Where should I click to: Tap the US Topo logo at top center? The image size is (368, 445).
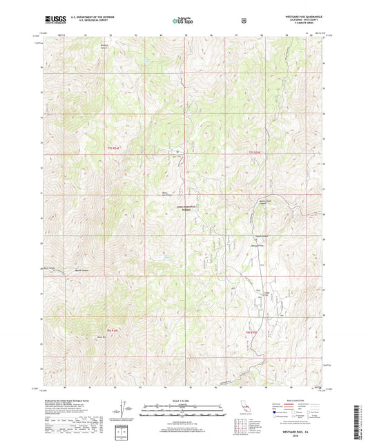coord(182,21)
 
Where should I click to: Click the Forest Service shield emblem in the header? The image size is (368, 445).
coord(243,21)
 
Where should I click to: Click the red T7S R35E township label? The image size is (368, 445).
coord(255,152)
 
